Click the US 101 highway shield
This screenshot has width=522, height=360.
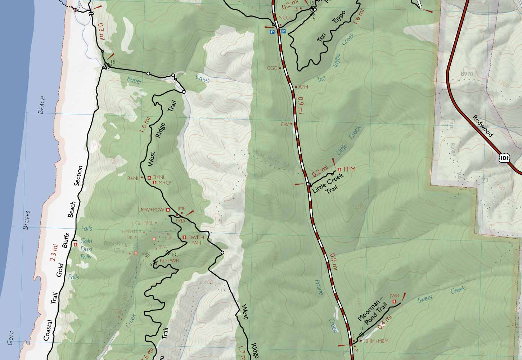[x=504, y=157]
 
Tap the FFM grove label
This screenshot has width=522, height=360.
[x=349, y=168]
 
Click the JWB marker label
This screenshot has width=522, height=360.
[x=394, y=296]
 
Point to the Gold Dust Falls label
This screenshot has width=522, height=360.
[x=86, y=249]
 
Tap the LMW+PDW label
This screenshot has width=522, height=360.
[x=151, y=210]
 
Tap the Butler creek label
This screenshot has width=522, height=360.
[x=134, y=81]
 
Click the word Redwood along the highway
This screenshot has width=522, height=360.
[x=482, y=126]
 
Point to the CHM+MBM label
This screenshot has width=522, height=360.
[x=376, y=341]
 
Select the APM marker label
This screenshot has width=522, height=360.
[x=303, y=87]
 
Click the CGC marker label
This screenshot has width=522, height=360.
[x=272, y=68]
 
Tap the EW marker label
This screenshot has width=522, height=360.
[x=285, y=124]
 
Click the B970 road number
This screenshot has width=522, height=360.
[x=467, y=74]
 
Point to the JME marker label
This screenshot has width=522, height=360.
[x=181, y=208]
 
